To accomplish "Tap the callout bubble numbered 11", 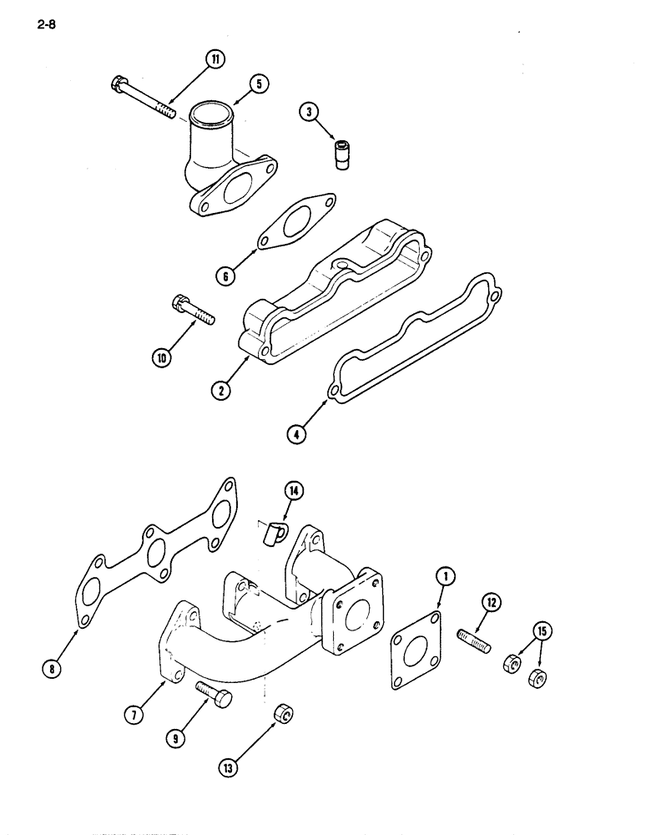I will tap(216, 59).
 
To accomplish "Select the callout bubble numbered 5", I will tap(259, 83).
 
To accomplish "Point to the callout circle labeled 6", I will tap(225, 276).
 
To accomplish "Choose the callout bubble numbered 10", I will tap(161, 358).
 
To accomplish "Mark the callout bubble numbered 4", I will tap(297, 433).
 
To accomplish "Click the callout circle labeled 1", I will tap(446, 575).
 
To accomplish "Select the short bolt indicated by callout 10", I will tap(192, 308).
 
